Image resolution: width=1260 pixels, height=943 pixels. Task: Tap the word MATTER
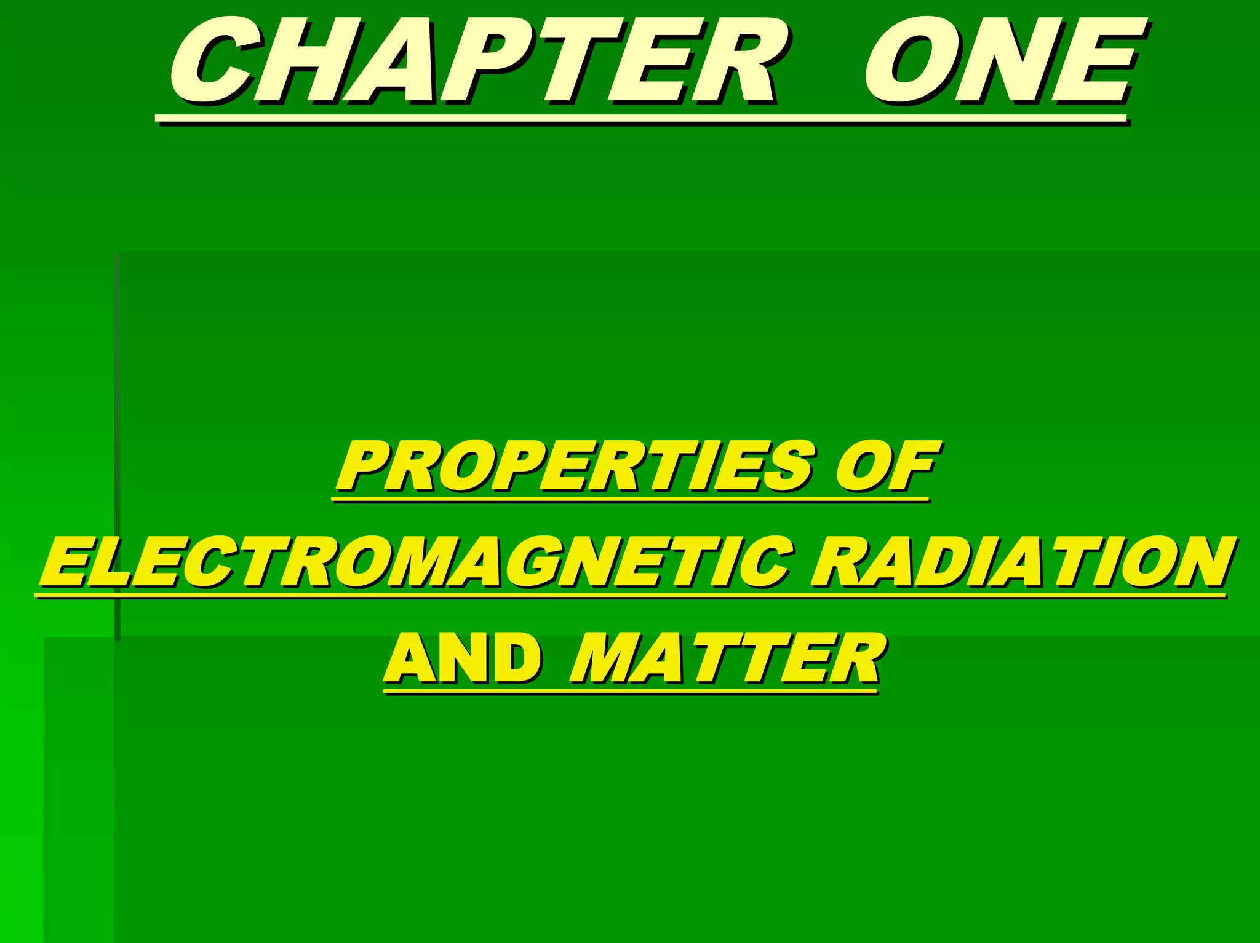[x=726, y=658]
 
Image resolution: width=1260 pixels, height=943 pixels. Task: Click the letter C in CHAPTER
[x=212, y=61]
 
